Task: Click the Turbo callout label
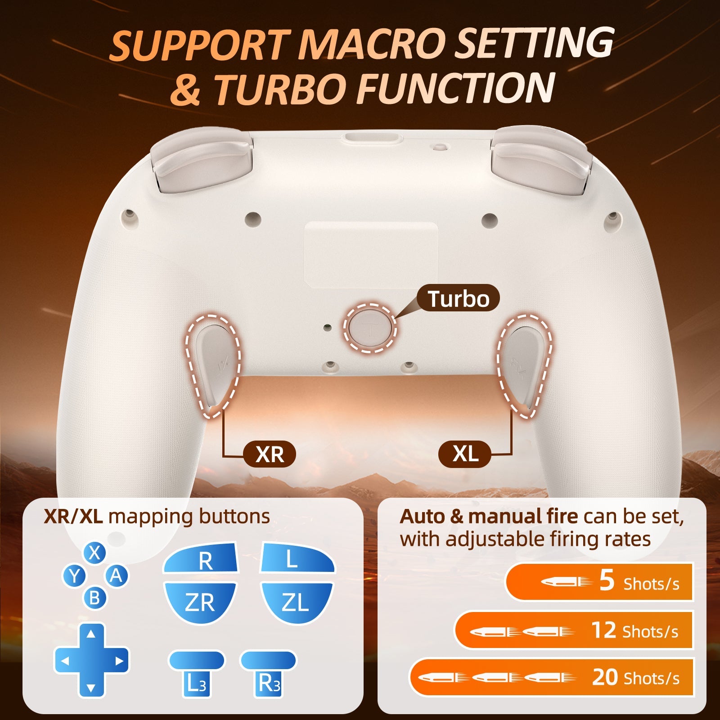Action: (458, 298)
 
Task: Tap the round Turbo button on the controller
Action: (370, 328)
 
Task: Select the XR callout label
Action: (270, 454)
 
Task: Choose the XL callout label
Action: (465, 454)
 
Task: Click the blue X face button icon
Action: (94, 553)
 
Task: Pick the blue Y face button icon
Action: (74, 576)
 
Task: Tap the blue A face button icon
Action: (116, 576)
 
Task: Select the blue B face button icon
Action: (94, 598)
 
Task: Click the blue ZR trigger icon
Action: (200, 602)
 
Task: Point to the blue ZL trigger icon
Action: (297, 602)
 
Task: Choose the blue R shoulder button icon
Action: (201, 558)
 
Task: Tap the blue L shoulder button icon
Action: (297, 558)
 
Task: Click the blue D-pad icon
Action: (91, 661)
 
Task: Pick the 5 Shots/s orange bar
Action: (599, 582)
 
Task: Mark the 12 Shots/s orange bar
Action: (574, 630)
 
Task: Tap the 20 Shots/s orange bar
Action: (552, 677)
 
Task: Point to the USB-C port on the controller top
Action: (371, 139)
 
